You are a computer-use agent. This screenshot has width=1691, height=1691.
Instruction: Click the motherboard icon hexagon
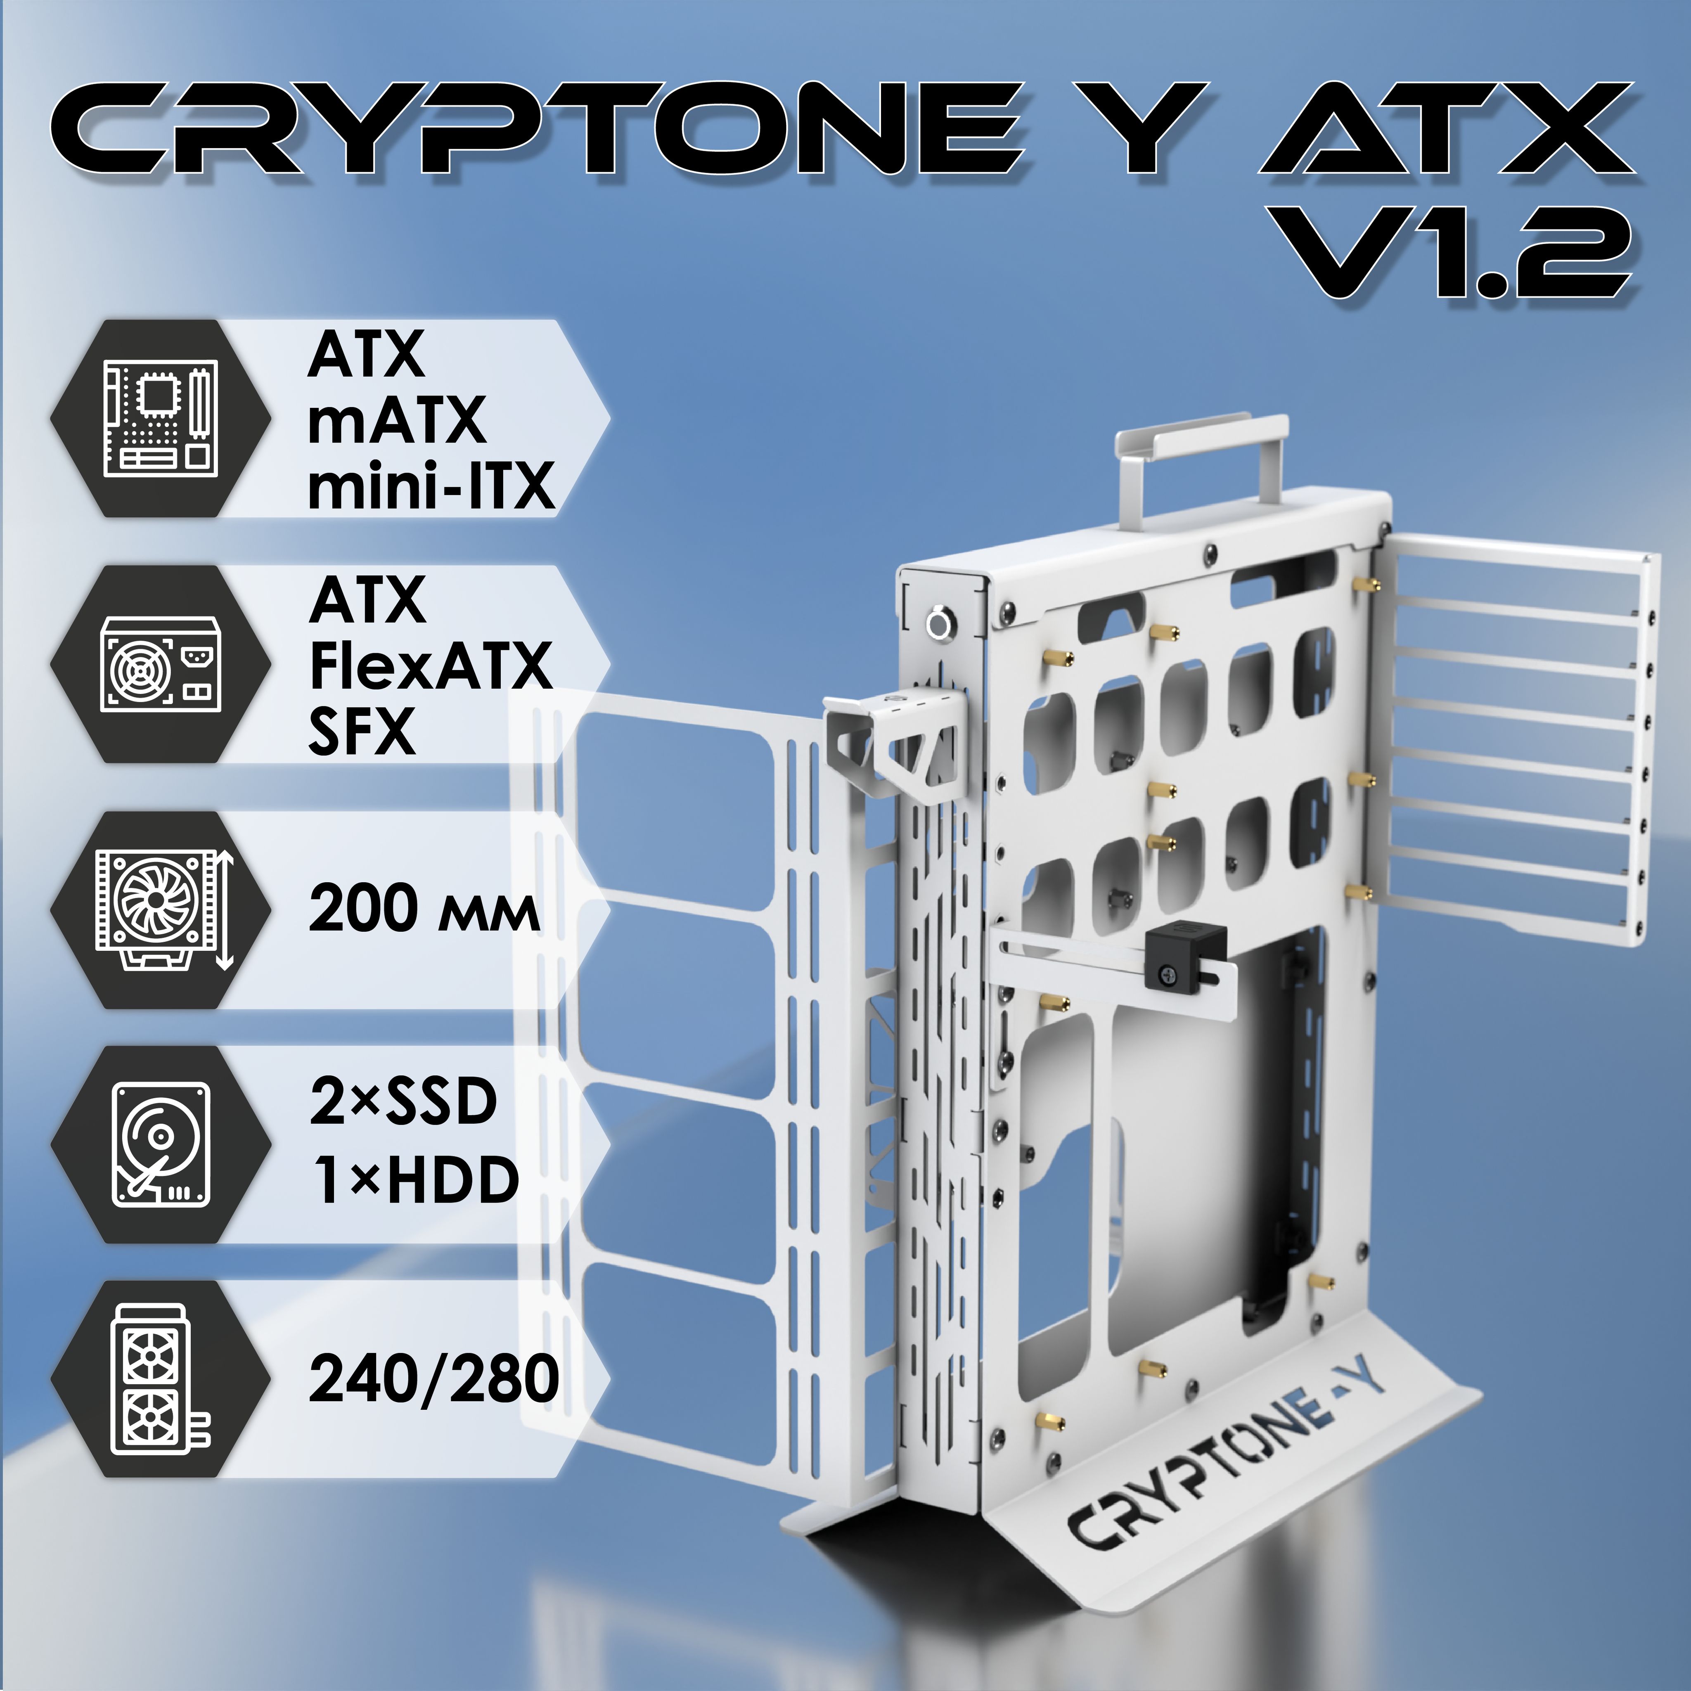160,418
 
